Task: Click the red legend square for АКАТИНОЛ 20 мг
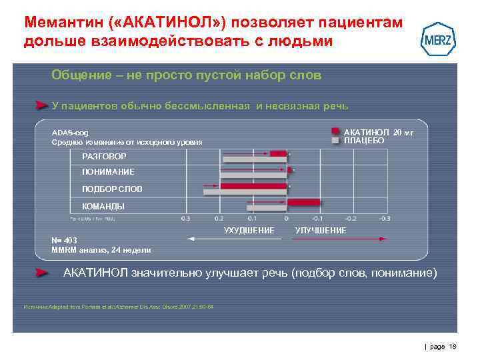[337, 132]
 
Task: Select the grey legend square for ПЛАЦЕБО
[337, 141]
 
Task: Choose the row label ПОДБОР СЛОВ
[111, 189]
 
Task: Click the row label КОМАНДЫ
[103, 207]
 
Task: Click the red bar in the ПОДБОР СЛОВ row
[253, 186]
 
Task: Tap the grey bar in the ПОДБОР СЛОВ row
[245, 192]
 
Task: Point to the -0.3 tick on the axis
[384, 218]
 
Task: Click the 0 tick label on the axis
[286, 218]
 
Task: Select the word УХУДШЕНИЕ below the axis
[249, 230]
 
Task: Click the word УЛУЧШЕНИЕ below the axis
[321, 230]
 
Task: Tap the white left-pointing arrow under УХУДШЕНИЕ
[213, 238]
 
